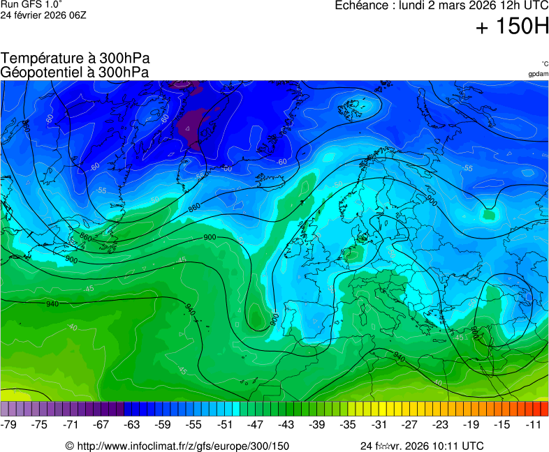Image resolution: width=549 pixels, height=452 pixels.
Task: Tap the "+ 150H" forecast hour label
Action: [512, 27]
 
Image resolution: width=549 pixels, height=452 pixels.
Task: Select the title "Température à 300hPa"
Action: [75, 59]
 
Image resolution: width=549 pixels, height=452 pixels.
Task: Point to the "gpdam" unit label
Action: [538, 74]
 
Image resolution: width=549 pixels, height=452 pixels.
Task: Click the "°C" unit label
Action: [544, 63]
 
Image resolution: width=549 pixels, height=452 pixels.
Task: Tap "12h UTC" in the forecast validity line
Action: [514, 6]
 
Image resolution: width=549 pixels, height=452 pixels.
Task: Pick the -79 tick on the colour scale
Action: [9, 424]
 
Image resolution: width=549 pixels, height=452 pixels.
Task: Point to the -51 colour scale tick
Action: [225, 424]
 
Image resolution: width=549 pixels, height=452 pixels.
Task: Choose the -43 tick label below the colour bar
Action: [286, 424]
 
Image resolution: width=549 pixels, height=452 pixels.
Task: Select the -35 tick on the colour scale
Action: [348, 424]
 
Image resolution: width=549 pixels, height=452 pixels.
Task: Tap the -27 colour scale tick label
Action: [409, 424]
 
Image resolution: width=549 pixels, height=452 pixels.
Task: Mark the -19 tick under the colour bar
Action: [471, 424]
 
